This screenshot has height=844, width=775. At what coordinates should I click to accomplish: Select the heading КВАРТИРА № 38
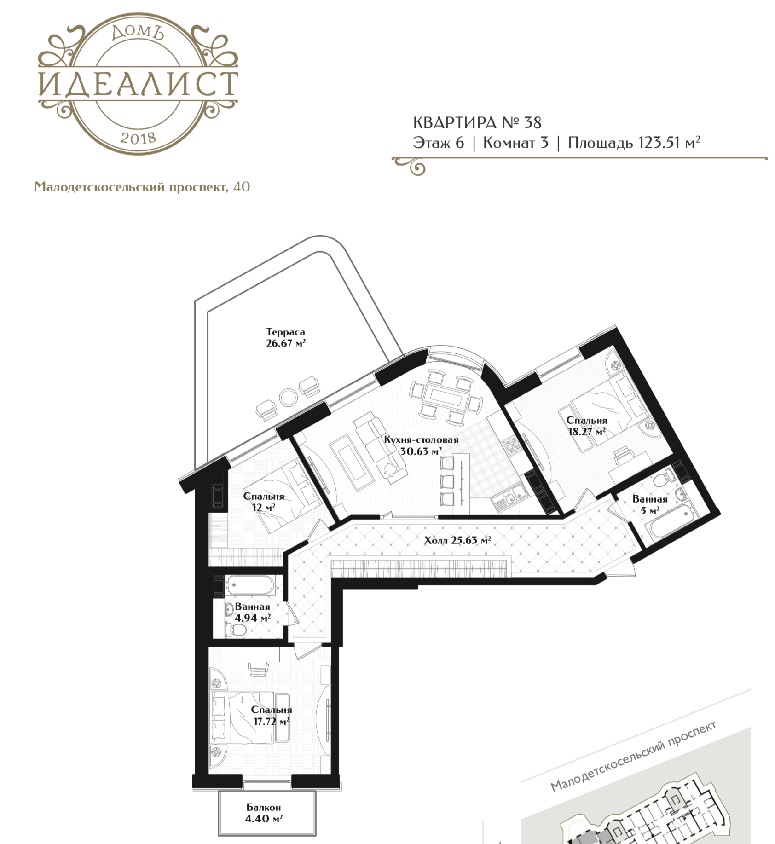coord(477,123)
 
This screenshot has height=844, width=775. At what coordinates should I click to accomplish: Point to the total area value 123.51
coord(659,143)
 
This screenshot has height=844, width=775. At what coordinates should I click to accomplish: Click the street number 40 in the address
coord(242,186)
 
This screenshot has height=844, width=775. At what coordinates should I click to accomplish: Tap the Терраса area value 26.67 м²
coord(286,343)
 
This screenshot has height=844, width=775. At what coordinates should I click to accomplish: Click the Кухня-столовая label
coord(421,440)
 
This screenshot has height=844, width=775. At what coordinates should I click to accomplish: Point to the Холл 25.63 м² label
coord(457,540)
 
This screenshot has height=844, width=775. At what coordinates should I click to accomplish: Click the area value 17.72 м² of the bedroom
coord(272,721)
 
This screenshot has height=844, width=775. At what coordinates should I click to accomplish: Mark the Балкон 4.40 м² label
coord(264,813)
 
